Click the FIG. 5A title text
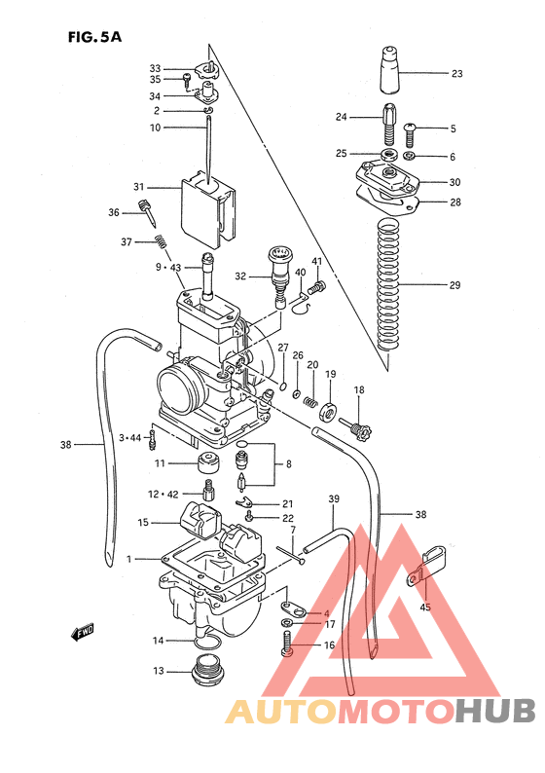point(94,38)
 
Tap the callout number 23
point(456,73)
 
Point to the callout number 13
point(158,671)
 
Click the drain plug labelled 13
point(205,671)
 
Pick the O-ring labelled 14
point(206,642)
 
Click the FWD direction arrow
point(83,634)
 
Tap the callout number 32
point(240,276)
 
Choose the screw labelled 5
point(410,129)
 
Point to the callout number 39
point(333,499)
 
